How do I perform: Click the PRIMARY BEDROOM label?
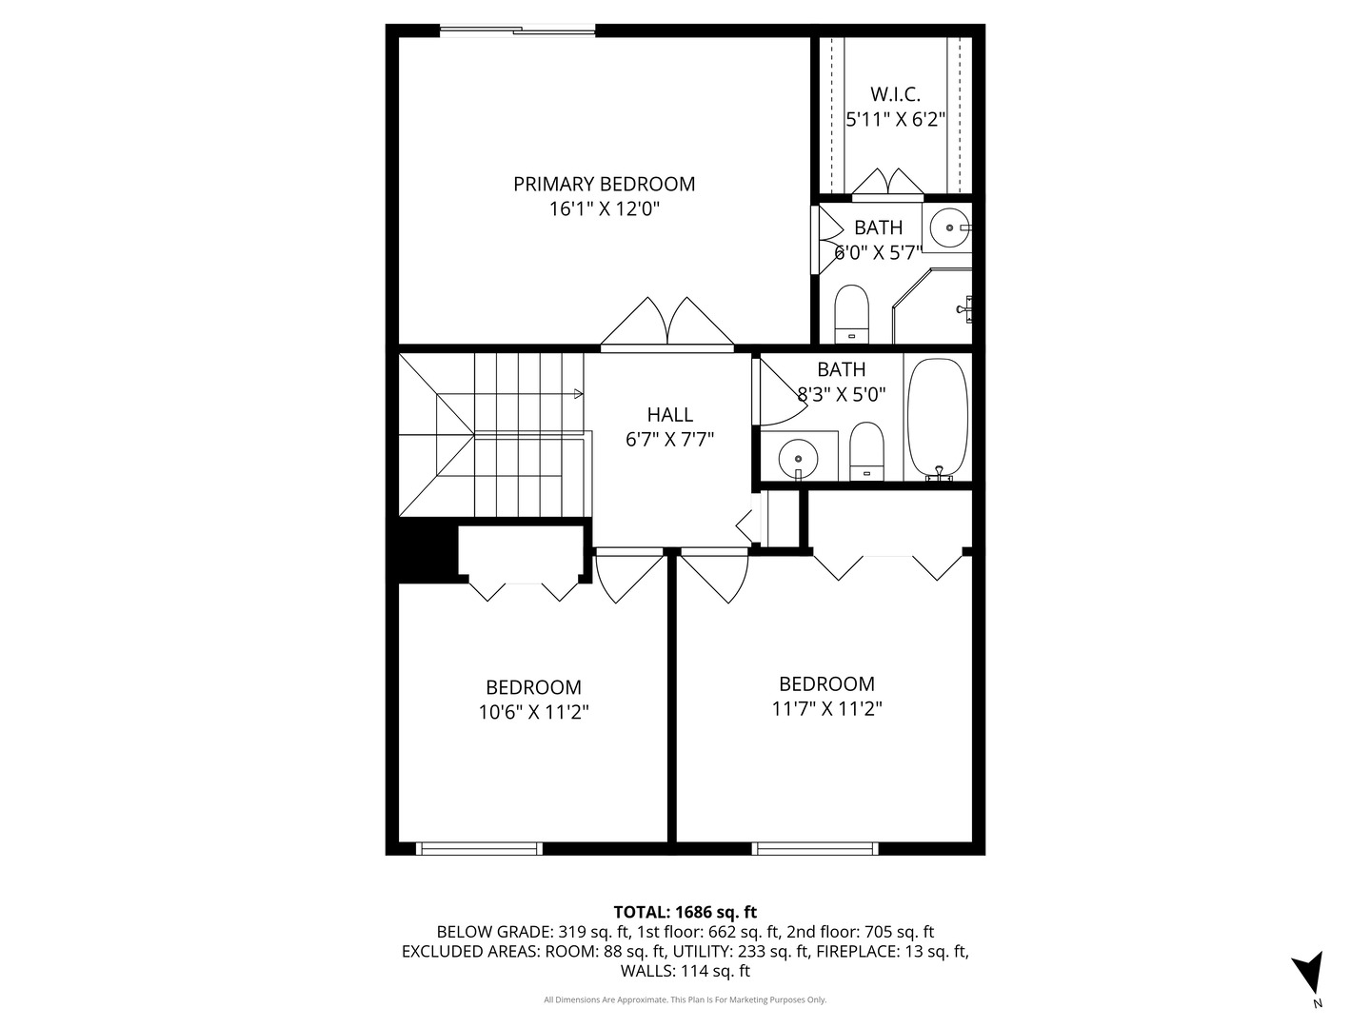pos(604,184)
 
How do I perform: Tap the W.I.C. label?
pos(895,94)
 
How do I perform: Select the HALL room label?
pos(669,414)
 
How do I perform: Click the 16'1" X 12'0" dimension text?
pos(604,209)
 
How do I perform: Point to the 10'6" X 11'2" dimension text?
pos(533,712)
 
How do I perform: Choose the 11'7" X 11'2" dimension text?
pos(826,708)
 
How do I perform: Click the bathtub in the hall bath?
pos(937,418)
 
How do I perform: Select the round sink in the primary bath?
pos(949,227)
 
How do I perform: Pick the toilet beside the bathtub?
pos(866,450)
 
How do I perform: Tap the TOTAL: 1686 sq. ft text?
pos(685,912)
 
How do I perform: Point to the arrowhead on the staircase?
pos(578,392)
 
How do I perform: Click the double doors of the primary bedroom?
pos(667,323)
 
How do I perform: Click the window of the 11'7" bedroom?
pos(815,848)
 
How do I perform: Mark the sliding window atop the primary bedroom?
pos(518,31)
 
